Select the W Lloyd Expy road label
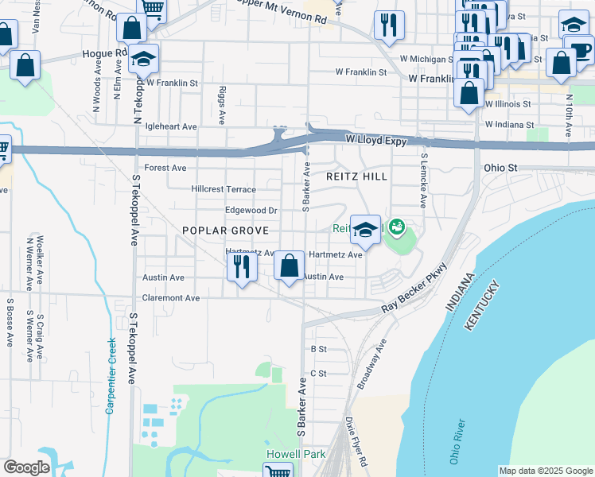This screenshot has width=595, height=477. click(x=376, y=141)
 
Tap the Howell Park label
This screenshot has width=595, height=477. click(x=284, y=453)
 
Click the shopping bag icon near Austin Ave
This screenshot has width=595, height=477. click(x=290, y=266)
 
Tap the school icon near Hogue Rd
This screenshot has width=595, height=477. click(x=144, y=60)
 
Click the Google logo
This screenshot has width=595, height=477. click(x=26, y=467)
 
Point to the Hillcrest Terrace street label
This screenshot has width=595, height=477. click(x=224, y=189)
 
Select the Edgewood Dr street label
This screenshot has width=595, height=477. click(x=251, y=211)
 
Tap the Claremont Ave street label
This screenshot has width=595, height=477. click(x=171, y=298)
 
